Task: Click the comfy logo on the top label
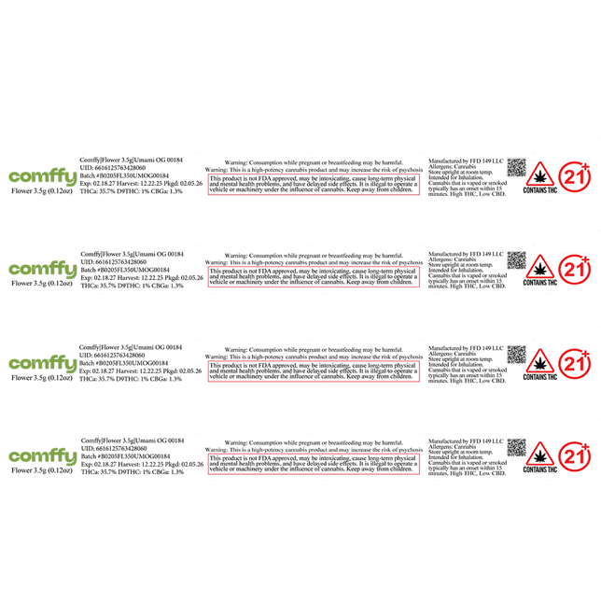click(x=42, y=175)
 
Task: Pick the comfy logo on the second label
click(x=42, y=269)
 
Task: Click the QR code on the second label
click(x=516, y=259)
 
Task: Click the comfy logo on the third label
click(x=42, y=362)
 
